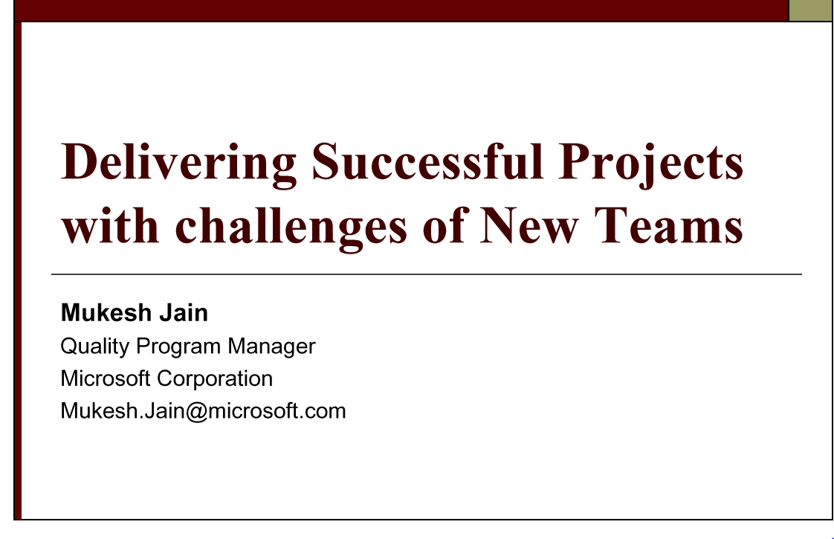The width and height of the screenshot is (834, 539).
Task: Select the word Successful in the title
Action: point(427,161)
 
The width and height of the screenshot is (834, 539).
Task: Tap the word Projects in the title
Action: point(650,164)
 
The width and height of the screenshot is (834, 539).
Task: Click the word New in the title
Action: point(528,225)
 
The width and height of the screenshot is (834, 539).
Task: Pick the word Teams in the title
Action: point(668,225)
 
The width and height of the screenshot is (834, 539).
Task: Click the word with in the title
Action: point(110,225)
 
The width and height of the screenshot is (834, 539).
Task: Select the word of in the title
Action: point(445,225)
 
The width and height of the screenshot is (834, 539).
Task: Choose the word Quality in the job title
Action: point(95,346)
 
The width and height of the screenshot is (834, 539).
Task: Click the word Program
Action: point(178,347)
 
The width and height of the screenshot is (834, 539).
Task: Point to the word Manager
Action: point(272,346)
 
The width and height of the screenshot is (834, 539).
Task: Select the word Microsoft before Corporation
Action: point(106,378)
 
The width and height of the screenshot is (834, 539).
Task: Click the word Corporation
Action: point(215,378)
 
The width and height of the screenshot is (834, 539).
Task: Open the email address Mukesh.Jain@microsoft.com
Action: point(203,411)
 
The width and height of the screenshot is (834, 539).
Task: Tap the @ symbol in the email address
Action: point(196,412)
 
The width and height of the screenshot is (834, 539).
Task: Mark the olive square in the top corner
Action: point(811,10)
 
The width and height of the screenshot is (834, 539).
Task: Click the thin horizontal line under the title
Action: point(427,274)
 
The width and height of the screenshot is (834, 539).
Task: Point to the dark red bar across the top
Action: point(401,10)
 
